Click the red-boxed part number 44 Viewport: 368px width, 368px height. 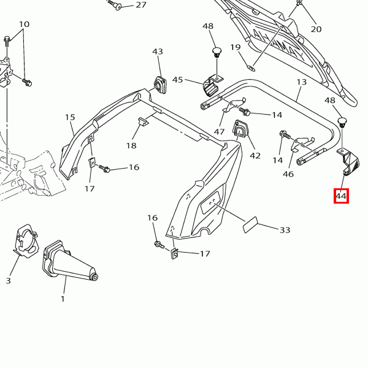(x=341, y=196)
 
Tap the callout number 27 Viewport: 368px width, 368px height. (x=141, y=5)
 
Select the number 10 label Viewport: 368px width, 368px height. (x=24, y=25)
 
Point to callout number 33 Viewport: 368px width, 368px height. (x=285, y=230)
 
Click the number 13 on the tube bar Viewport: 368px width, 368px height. (x=301, y=82)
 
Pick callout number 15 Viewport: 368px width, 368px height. (x=70, y=117)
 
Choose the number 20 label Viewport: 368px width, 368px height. (x=316, y=29)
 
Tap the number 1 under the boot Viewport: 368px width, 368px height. (x=63, y=299)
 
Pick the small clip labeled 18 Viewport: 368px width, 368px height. (x=142, y=122)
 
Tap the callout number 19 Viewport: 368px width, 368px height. (x=236, y=47)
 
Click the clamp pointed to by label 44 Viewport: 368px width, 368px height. (x=353, y=164)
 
